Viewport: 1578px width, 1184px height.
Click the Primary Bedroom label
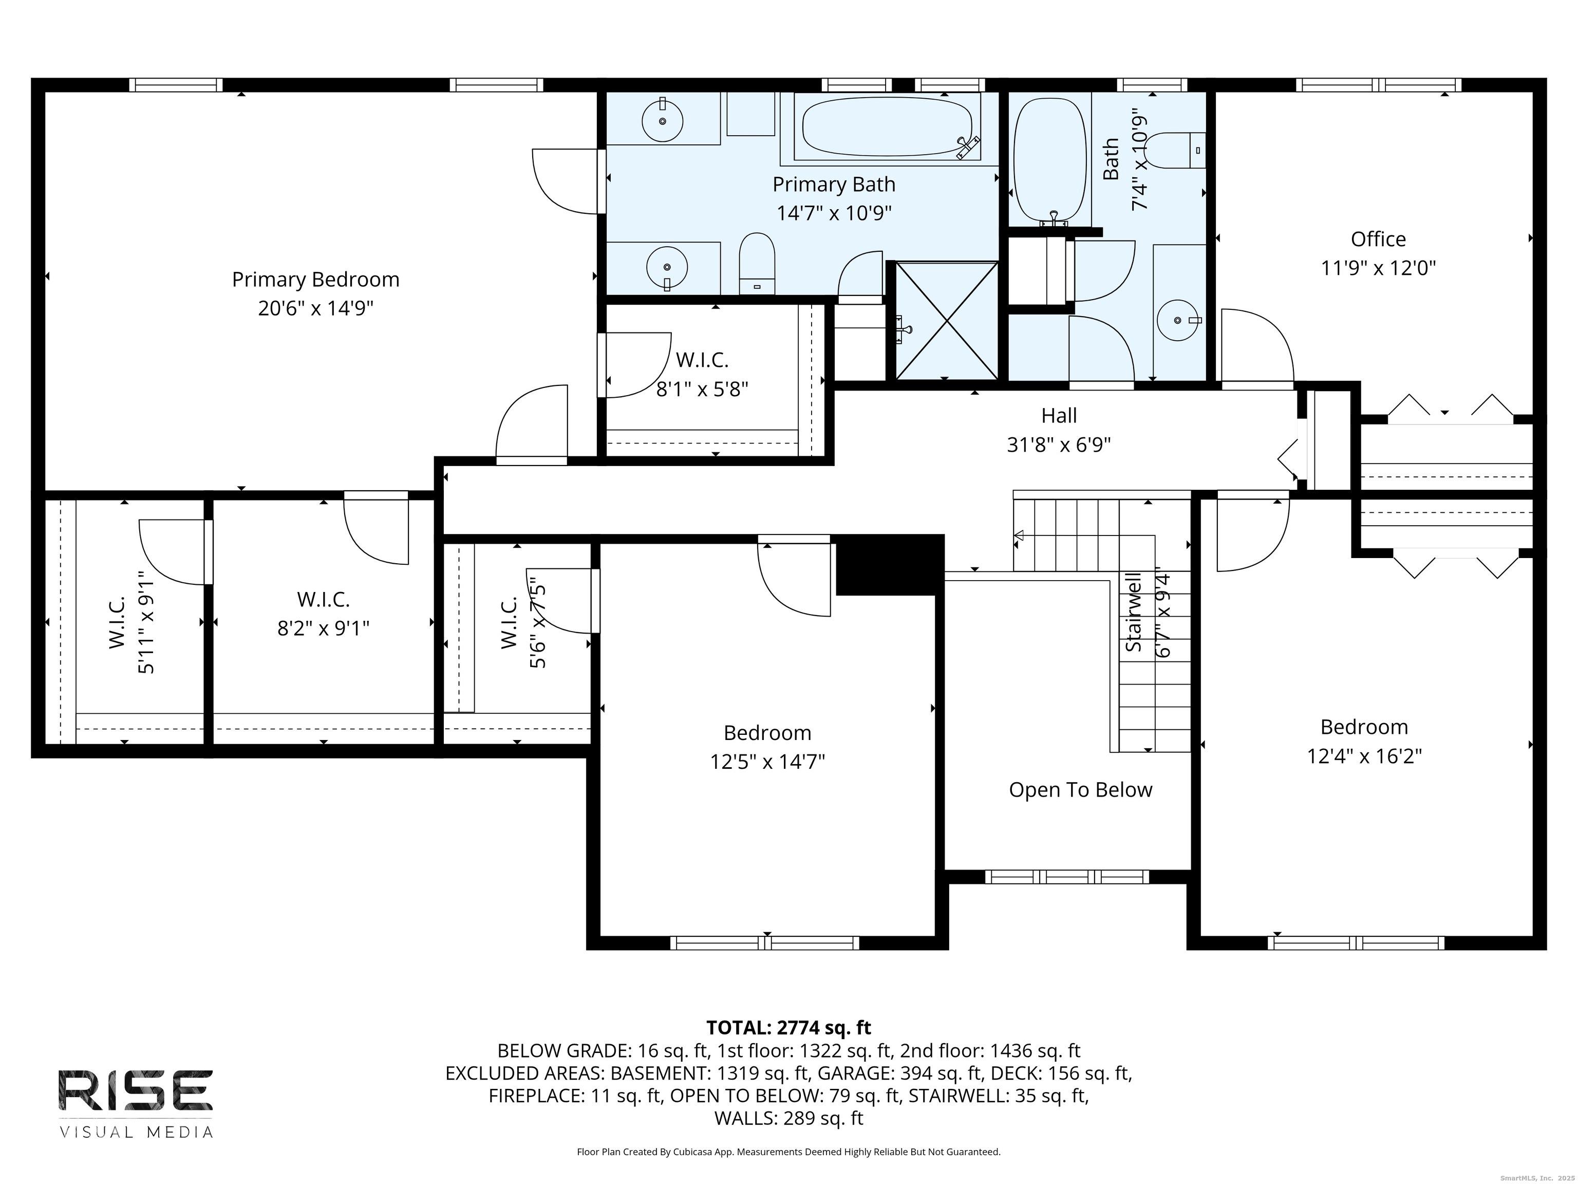[x=315, y=279]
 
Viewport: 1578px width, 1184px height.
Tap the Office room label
[x=1378, y=239]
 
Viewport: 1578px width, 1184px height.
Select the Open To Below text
[x=1080, y=790]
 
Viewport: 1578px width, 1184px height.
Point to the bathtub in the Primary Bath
[x=888, y=126]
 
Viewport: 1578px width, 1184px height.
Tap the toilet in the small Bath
[x=1177, y=151]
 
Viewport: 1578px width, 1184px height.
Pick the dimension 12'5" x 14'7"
[x=767, y=762]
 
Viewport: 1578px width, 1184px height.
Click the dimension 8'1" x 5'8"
[x=702, y=390]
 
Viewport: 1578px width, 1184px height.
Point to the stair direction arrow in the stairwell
[x=1019, y=535]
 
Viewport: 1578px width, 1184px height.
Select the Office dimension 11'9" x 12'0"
[x=1378, y=268]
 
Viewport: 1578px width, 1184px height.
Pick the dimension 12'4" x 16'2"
[x=1364, y=756]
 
